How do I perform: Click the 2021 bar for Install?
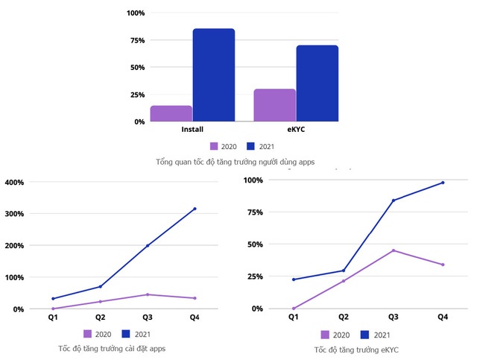214,75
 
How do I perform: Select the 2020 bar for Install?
171,113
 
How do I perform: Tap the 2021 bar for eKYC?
318,83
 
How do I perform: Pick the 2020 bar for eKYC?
274,105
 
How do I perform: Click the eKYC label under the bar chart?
296,130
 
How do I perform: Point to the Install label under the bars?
192,130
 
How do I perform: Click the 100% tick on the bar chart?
136,13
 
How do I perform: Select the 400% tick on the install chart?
15,183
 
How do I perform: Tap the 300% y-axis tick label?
15,214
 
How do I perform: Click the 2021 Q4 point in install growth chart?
195,209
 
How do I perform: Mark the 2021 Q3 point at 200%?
148,245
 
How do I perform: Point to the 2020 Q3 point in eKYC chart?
393,250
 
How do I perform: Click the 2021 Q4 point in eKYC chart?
443,183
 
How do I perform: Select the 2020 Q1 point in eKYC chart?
294,308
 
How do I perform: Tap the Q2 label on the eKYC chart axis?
344,317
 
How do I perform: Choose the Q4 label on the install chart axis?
195,317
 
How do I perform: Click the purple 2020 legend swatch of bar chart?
214,146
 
